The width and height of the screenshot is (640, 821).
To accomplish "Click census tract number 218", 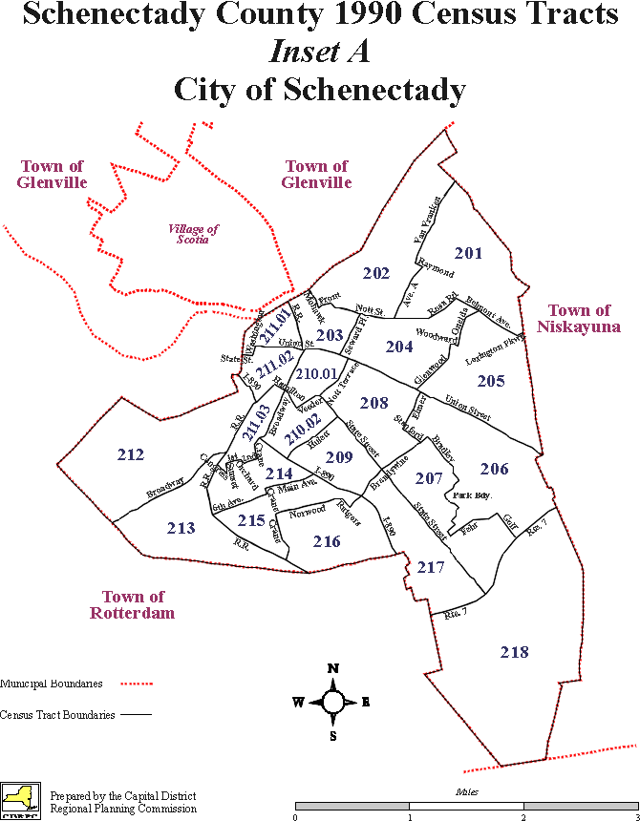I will [x=514, y=652].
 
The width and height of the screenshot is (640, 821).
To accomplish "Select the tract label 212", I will [x=130, y=453].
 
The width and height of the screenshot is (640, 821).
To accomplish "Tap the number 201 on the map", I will [x=468, y=253].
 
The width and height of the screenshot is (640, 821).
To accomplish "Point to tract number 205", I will [x=491, y=382].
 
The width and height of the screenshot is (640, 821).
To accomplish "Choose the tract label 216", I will [x=326, y=541].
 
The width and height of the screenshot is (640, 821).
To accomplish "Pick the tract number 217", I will [x=431, y=567].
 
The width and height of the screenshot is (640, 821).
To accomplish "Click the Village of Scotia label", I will [x=194, y=234].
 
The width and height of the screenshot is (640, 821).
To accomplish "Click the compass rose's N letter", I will [x=332, y=667].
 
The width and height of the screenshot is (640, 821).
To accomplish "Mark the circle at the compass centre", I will [x=332, y=702].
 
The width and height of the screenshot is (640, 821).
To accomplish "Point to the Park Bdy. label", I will [x=472, y=496].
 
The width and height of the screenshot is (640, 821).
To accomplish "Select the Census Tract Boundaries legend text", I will [x=57, y=714].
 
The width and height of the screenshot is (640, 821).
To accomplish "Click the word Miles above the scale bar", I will [x=465, y=792].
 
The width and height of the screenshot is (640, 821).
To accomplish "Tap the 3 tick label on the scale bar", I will [x=636, y=817].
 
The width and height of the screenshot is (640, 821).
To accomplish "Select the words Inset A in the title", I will [x=320, y=53].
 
